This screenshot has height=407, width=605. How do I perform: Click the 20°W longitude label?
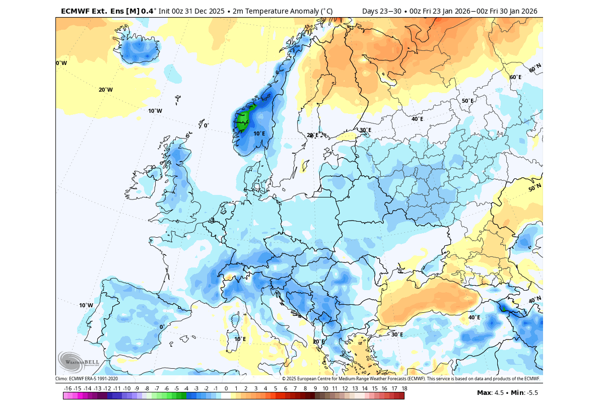pos(105,90)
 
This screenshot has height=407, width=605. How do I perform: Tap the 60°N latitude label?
pos(535,67)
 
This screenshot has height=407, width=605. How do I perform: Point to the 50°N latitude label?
pos(534,187)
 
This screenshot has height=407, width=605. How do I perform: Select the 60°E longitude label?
pos(515,77)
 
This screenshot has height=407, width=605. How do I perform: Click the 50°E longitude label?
pos(467,101)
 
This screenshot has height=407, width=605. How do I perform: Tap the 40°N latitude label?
pos(534,300)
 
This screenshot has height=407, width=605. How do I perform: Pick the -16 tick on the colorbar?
pos(68,388)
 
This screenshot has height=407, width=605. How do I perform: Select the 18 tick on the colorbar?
pos(404,388)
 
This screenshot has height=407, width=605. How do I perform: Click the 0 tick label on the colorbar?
pos(226,388)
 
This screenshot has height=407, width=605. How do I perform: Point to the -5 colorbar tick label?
pos(176,388)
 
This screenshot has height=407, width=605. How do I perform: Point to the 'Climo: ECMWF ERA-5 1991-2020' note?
pos(86,379)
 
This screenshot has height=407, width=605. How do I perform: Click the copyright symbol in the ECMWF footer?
pos(284,379)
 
